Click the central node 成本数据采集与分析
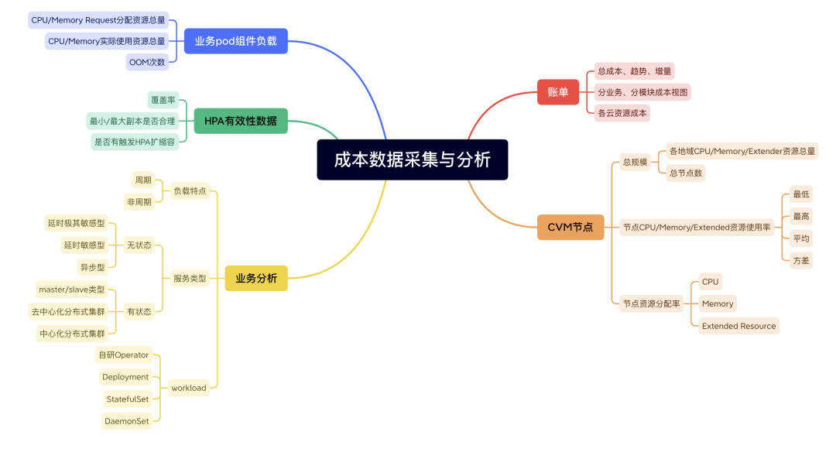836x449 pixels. (x=412, y=159)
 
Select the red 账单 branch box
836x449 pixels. (x=557, y=92)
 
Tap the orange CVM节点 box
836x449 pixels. (x=570, y=227)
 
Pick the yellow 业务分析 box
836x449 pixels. (x=255, y=278)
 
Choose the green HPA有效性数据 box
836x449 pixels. (x=240, y=121)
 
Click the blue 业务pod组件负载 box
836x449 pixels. (x=235, y=41)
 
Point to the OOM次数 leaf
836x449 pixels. (x=146, y=62)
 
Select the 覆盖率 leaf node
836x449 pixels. (x=162, y=100)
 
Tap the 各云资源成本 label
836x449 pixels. (x=622, y=113)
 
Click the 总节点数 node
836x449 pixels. (x=685, y=173)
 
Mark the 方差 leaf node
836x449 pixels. (x=800, y=261)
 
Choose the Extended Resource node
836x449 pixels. (x=738, y=326)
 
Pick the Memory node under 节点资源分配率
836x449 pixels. (x=717, y=303)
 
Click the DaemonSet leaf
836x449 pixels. (x=125, y=421)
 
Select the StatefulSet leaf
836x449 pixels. (x=127, y=399)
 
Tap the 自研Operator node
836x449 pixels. (x=123, y=355)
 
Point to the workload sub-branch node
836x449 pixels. (x=189, y=388)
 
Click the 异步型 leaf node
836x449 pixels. (x=92, y=267)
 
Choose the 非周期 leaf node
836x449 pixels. (x=139, y=202)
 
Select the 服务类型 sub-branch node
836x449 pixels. (x=190, y=278)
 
